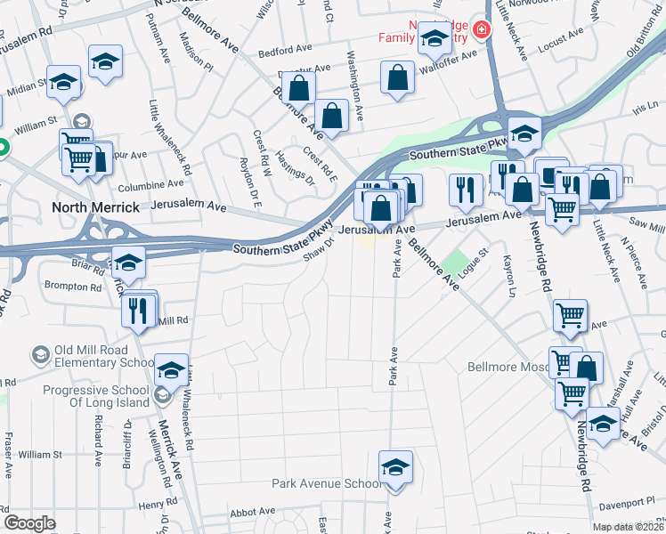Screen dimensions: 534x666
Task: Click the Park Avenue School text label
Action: click(x=326, y=484)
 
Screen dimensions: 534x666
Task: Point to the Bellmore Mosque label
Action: click(x=508, y=367)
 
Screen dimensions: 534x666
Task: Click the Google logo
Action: click(x=29, y=522)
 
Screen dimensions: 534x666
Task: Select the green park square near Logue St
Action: click(x=455, y=263)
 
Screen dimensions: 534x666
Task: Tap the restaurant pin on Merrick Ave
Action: click(x=137, y=311)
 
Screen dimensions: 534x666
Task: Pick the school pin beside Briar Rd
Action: click(x=128, y=261)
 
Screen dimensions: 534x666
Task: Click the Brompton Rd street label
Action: click(x=75, y=287)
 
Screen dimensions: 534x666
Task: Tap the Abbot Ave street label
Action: click(x=253, y=512)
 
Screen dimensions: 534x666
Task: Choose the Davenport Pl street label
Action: click(x=626, y=504)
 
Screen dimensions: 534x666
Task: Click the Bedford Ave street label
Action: click(x=287, y=50)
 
